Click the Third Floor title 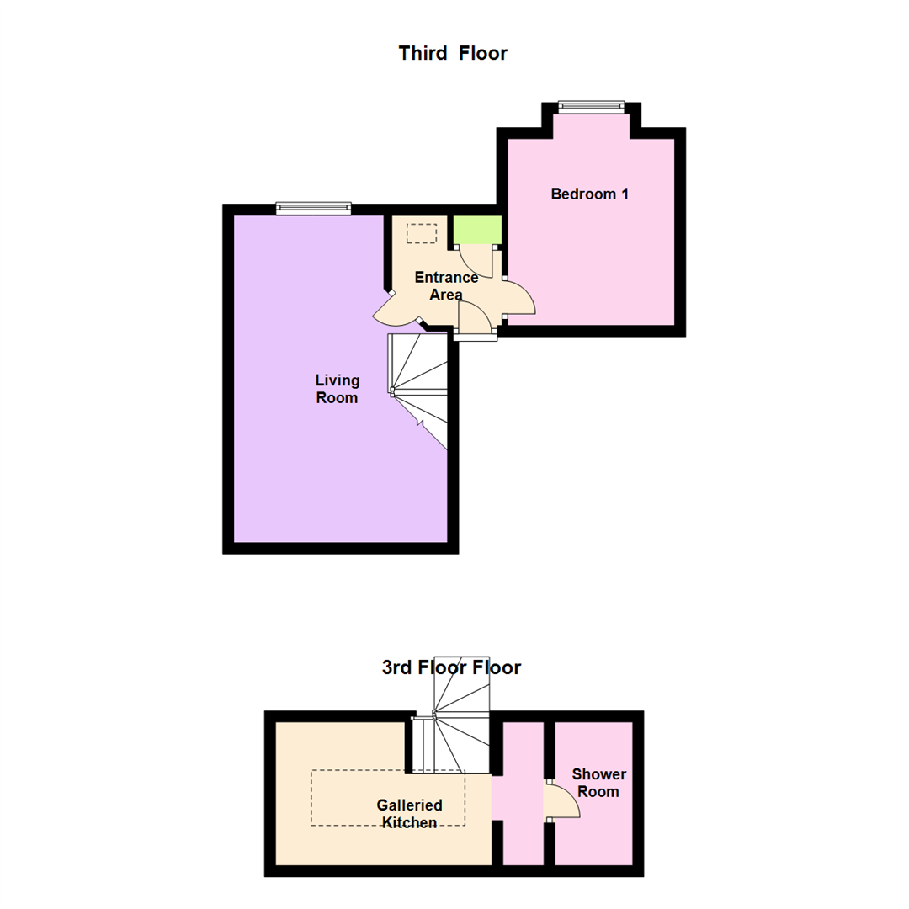(453, 53)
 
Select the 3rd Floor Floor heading (451, 667)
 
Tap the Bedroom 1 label (589, 194)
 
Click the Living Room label (337, 389)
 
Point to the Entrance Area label (446, 286)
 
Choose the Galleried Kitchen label (409, 813)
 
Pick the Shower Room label (599, 783)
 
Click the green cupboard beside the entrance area (477, 230)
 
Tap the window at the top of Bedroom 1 (592, 105)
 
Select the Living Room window (314, 208)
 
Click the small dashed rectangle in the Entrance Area (422, 234)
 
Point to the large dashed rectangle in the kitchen (388, 798)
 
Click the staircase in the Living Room (417, 391)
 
